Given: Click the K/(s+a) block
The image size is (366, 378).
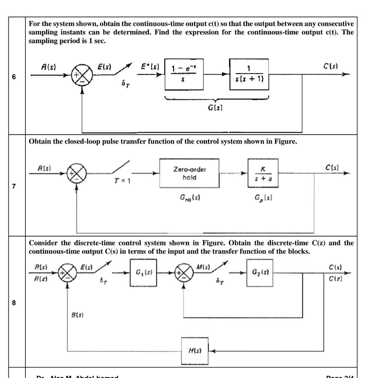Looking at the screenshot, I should tap(263, 173).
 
